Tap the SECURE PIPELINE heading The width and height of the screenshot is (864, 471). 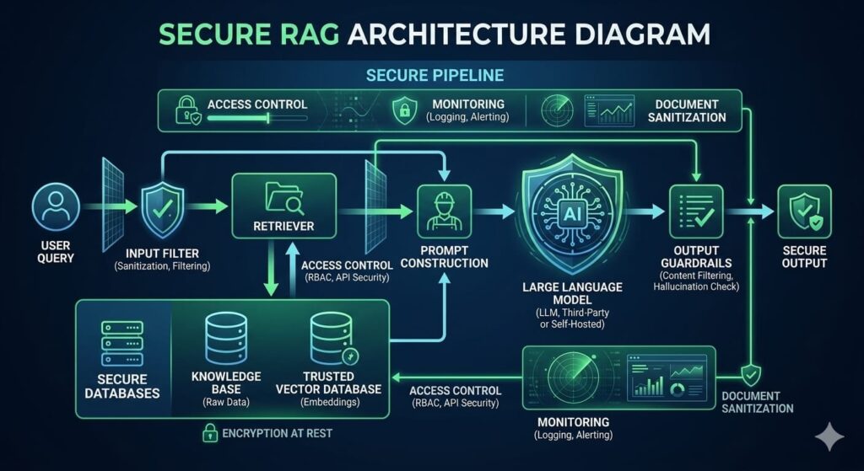(x=435, y=76)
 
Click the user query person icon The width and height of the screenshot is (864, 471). (x=57, y=206)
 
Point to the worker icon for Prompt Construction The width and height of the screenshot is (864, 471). (x=444, y=211)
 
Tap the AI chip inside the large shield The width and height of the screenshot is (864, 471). (x=573, y=212)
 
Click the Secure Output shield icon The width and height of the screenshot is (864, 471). (x=803, y=210)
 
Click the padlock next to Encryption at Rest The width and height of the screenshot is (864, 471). (x=208, y=434)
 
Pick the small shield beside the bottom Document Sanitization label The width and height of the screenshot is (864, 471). (x=750, y=375)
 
